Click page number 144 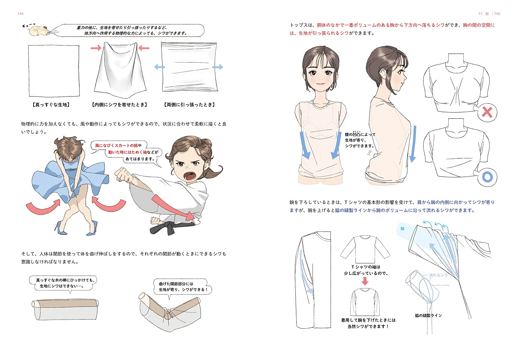(21, 14)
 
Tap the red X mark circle (487, 112)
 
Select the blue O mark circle (487, 177)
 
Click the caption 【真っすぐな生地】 (51, 105)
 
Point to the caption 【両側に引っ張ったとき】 (189, 105)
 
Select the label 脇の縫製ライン (428, 315)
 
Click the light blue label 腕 (402, 229)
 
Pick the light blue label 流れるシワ (438, 275)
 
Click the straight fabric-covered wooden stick (65, 310)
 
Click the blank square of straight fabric (54, 71)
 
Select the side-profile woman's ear (383, 75)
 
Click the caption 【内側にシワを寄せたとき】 (119, 105)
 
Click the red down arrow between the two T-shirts (365, 281)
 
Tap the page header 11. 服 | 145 (489, 14)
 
